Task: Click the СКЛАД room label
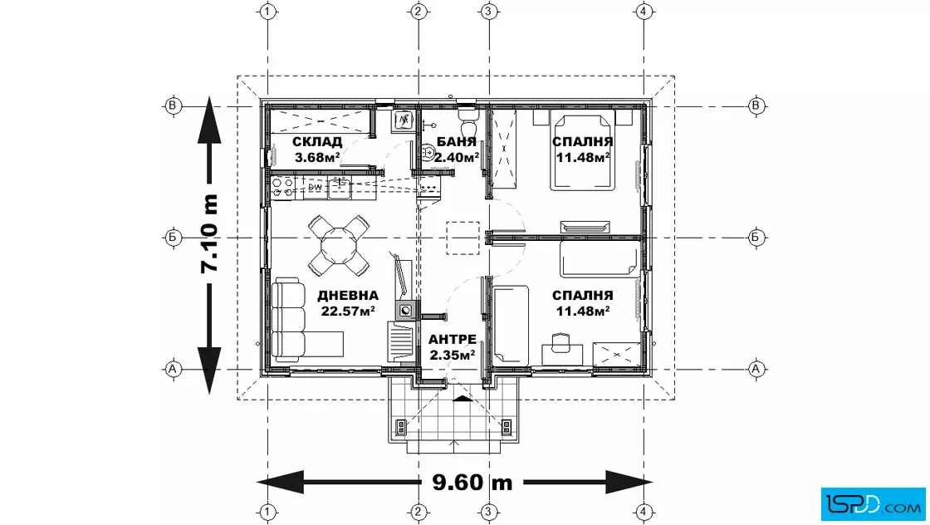coord(316,142)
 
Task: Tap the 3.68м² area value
coord(316,157)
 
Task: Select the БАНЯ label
coord(456,142)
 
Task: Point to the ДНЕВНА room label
coord(348,296)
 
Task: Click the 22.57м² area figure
coord(348,311)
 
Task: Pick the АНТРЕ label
coord(452,339)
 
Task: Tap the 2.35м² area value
coord(452,355)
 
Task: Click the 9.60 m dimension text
coord(472,483)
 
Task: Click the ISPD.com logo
coord(873,504)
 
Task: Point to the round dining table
coord(339,244)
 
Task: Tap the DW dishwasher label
coord(315,188)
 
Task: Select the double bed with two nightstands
coord(582,150)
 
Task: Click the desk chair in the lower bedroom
coord(560,341)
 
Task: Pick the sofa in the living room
coord(306,320)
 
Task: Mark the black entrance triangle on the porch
coord(463,399)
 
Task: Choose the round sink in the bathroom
coord(428,153)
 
